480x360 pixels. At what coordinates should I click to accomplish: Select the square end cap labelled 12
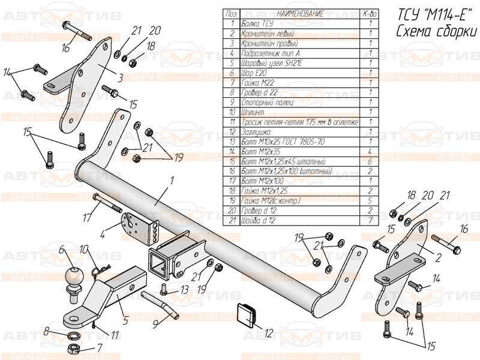[245, 313]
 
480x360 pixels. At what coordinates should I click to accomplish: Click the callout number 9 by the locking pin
[155, 323]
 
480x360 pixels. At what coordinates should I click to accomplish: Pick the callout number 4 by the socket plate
[102, 236]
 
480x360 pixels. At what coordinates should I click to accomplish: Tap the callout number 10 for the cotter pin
[83, 248]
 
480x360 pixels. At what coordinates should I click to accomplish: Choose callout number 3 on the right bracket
[120, 77]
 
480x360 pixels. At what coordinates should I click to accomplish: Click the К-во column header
[371, 14]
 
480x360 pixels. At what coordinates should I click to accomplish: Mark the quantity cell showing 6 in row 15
[371, 161]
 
